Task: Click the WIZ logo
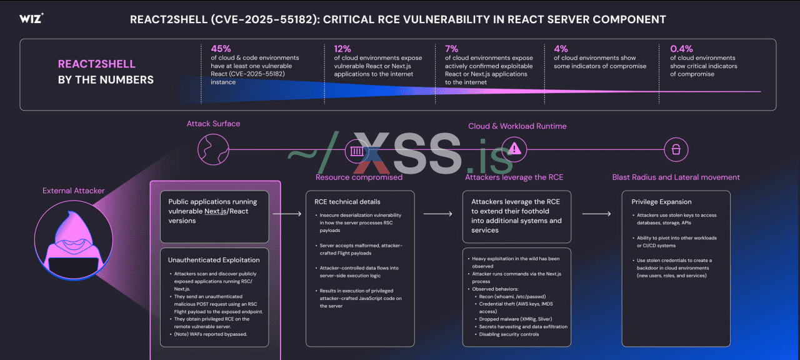point(31,19)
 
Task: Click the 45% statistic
point(221,48)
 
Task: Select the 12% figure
point(342,48)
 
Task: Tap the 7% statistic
point(451,48)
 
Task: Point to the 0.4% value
point(681,48)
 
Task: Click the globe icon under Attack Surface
point(209,149)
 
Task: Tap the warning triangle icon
point(514,149)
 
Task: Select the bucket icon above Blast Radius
point(676,149)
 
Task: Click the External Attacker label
point(74,191)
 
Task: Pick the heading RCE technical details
point(347,202)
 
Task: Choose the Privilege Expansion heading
point(662,202)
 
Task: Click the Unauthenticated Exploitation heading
point(214,259)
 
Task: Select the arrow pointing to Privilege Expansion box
point(596,214)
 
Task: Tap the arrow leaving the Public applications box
point(287,214)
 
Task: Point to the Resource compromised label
point(359,177)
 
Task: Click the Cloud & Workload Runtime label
point(517,126)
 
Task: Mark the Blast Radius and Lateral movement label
point(676,177)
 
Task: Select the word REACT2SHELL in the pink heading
point(97,64)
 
